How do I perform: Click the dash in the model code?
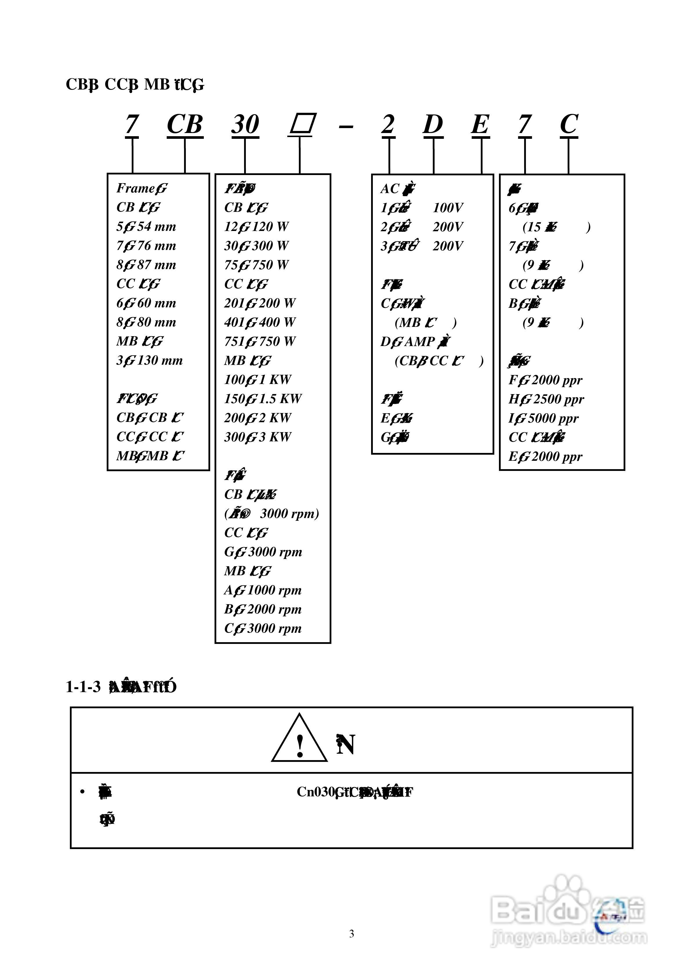(x=346, y=127)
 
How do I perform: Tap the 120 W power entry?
(x=270, y=227)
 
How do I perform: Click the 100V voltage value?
(x=448, y=208)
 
